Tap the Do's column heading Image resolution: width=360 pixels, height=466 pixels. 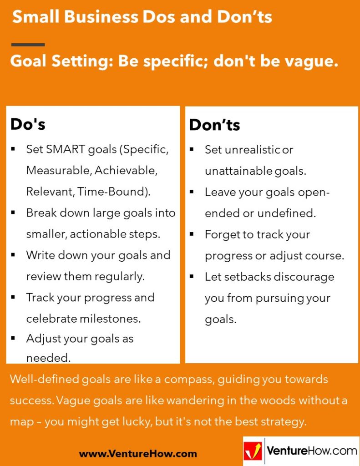[x=28, y=124]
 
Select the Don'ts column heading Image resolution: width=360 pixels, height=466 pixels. [x=214, y=125]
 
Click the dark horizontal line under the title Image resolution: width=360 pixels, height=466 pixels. [x=28, y=45]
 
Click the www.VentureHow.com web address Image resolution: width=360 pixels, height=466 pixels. [x=138, y=453]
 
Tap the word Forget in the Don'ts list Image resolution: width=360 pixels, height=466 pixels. [x=220, y=234]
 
